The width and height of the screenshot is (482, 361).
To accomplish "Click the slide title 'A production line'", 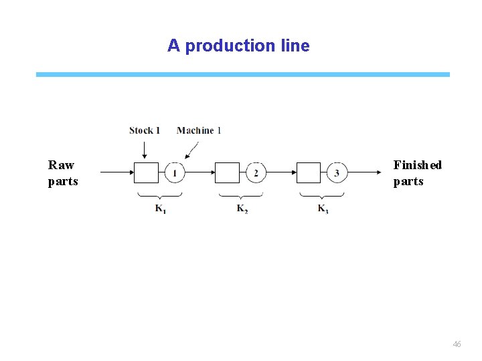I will pos(238,46).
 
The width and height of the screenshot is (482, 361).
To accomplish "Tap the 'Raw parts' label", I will pos(63,173).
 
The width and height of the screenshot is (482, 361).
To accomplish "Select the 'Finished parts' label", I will pos(417,173).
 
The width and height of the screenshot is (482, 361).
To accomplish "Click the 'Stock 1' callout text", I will pos(145,130).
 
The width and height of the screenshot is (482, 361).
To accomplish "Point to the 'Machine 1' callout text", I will pos(199,130).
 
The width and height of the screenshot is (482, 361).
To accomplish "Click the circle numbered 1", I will pos(175,173).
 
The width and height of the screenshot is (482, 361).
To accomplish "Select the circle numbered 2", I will pos(256,173).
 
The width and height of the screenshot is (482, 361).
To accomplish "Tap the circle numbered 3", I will pos(337,173).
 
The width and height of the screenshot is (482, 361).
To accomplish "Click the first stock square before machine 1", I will pos(146,173).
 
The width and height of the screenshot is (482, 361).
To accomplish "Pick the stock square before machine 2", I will pos(227,173).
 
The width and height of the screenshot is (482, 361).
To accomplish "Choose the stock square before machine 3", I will pos(308,173).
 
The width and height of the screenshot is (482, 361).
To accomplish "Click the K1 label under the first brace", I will pos(161,209).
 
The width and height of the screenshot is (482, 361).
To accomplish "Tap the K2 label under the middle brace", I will pos(242,209).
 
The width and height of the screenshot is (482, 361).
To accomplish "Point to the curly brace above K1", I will pos(160,195).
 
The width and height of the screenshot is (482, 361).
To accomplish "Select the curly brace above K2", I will pos(241,195).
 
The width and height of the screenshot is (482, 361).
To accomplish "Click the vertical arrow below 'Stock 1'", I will pos(145,149).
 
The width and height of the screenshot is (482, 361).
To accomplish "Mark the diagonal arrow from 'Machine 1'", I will pos(192,150).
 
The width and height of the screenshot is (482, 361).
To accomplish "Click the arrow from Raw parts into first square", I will pos(116,173).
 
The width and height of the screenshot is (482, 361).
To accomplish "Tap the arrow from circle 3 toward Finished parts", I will pos(364,173).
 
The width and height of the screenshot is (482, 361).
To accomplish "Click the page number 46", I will pos(457,344).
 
